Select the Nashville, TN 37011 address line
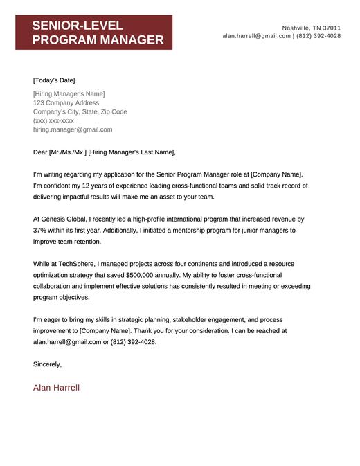tap(311, 27)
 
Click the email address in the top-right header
tap(256, 36)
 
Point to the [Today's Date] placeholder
tap(54, 80)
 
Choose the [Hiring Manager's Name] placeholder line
tap(69, 93)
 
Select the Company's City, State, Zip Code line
tap(80, 111)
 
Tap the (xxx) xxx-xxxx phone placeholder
tap(53, 120)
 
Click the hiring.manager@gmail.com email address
tap(72, 129)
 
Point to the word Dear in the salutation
tap(40, 152)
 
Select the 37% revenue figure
tap(40, 231)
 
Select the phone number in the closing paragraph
tap(132, 342)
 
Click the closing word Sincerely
tap(47, 364)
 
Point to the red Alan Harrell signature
tap(56, 388)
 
